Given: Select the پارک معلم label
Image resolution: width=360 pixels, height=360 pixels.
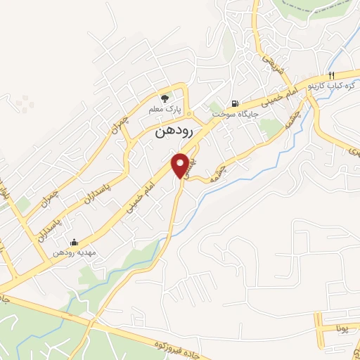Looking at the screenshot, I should (165, 110).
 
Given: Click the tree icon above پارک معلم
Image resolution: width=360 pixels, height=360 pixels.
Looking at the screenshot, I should (165, 98).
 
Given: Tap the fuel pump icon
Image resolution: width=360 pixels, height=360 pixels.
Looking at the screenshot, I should (235, 101).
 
